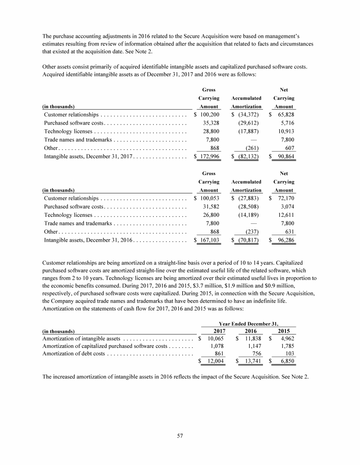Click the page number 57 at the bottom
[x=180, y=436]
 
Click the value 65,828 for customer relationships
[x=285, y=115]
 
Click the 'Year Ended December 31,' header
[x=248, y=324]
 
